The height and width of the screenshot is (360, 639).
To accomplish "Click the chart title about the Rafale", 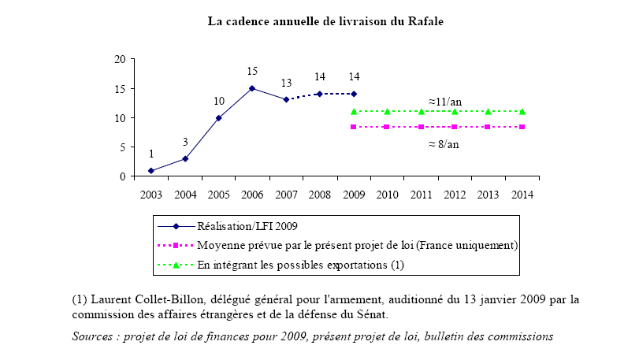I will [x=325, y=21].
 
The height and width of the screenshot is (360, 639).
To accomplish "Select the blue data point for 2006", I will [x=252, y=88].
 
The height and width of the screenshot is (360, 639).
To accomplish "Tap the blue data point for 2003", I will [x=150, y=170].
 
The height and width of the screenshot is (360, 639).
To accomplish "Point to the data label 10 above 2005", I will [x=219, y=102].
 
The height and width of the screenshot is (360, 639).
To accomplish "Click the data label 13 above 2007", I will [x=286, y=84].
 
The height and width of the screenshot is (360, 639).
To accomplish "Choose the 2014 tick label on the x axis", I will [x=521, y=193].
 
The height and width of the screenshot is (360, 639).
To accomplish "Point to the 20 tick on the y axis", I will [x=121, y=59].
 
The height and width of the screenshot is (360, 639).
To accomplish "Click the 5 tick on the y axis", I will [x=123, y=147].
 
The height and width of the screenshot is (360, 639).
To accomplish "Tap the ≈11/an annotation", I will [x=447, y=102].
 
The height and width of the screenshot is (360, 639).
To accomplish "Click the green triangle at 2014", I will [x=522, y=111].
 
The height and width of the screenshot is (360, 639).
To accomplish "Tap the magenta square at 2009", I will [x=353, y=126].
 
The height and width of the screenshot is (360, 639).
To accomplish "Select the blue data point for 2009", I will [x=353, y=94].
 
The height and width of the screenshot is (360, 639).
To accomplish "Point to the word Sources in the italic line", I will [x=95, y=336].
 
